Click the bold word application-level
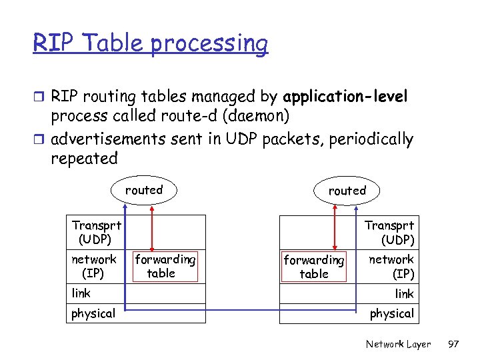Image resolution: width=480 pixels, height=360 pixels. click(x=345, y=97)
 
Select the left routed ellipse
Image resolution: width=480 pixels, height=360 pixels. click(x=144, y=190)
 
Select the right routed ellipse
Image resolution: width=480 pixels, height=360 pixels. click(x=347, y=191)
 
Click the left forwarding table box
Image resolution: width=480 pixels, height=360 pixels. click(x=165, y=266)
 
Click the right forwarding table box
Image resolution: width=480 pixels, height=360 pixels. click(x=314, y=267)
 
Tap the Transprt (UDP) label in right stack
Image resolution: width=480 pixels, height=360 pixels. click(x=390, y=233)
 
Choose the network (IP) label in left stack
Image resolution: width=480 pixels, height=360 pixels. click(x=94, y=266)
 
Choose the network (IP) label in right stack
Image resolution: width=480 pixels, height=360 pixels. click(x=392, y=266)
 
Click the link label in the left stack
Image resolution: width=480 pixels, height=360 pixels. click(x=81, y=293)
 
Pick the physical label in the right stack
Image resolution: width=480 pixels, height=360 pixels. click(x=391, y=313)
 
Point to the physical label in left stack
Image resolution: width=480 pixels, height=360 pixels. click(x=93, y=313)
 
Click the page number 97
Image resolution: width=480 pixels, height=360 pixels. click(x=453, y=344)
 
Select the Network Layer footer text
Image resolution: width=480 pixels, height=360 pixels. click(x=398, y=344)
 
